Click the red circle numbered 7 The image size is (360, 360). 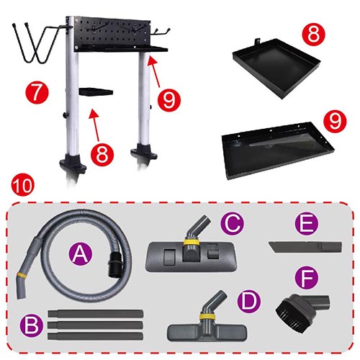click(x=37, y=92)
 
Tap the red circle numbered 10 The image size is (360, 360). click(x=22, y=185)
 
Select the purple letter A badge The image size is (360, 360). click(x=80, y=254)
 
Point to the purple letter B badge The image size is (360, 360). click(x=32, y=325)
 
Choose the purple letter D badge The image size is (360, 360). click(x=248, y=302)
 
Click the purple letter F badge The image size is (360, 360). click(x=307, y=278)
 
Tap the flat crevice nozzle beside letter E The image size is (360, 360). click(x=305, y=247)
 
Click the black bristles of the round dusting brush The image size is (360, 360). click(x=287, y=310)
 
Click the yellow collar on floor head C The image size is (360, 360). click(x=190, y=241)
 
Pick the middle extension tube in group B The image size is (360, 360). click(x=95, y=325)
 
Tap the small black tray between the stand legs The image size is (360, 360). click(x=96, y=92)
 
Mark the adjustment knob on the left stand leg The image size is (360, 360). click(x=65, y=115)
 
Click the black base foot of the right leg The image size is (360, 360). click(x=144, y=152)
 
